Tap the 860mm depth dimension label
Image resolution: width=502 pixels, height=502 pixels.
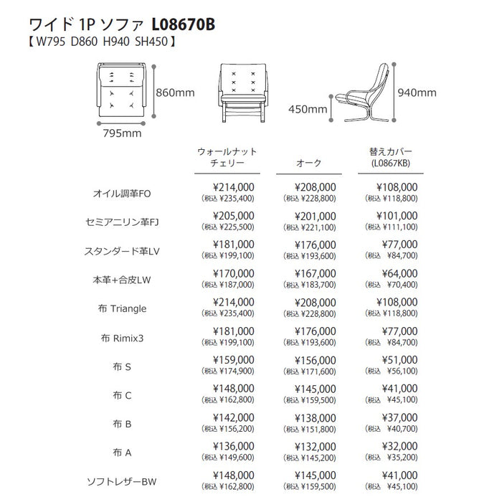[176, 93]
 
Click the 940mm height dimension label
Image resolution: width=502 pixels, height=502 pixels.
[417, 93]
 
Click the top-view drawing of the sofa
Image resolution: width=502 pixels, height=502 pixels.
[122, 90]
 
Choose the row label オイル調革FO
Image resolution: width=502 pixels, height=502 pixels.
[123, 194]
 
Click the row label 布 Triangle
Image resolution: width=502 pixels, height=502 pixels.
[123, 308]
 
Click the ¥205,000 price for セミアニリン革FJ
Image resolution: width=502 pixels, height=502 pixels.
[234, 216]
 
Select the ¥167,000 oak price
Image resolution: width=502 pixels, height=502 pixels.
[316, 273]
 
